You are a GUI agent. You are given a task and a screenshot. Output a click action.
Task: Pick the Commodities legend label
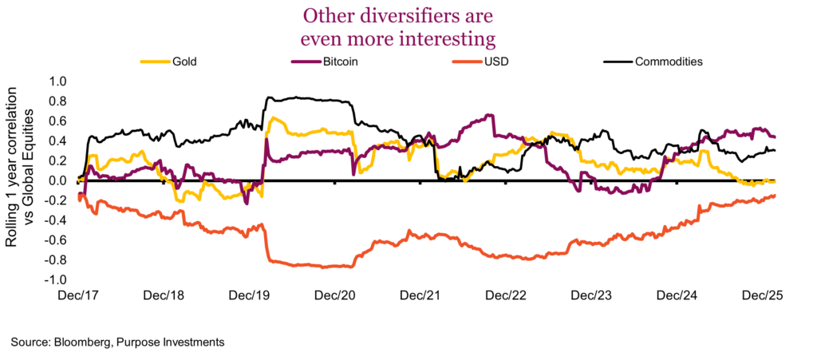click(668, 61)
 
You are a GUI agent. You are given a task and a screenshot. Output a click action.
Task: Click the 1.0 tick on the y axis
click(59, 81)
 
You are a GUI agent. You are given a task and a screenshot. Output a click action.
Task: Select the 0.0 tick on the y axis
click(59, 181)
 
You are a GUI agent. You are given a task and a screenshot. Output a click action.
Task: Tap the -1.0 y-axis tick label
click(57, 281)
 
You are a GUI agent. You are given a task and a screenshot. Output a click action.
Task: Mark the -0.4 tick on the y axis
click(57, 221)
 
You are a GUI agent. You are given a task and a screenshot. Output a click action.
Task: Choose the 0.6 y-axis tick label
click(59, 121)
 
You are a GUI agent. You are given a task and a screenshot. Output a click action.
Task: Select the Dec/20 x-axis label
click(335, 295)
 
